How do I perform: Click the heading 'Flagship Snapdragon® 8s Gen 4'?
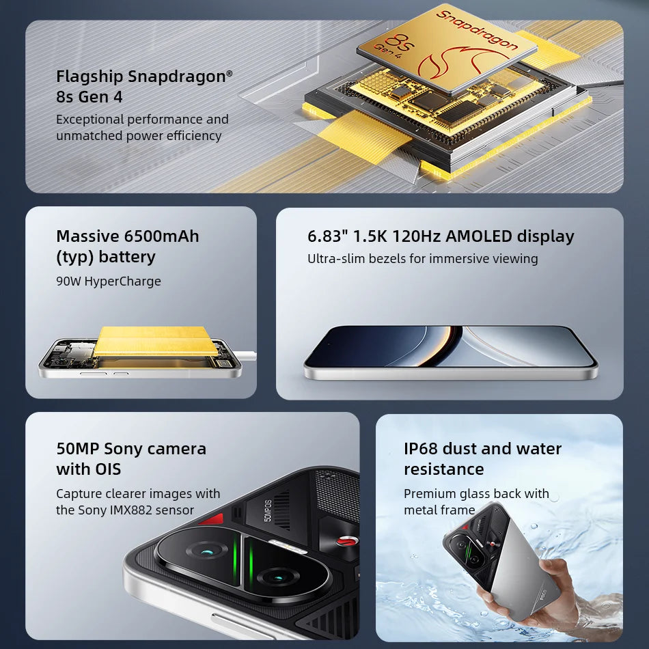point(144,86)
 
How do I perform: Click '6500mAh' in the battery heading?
point(162,236)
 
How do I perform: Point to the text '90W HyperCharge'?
point(109,281)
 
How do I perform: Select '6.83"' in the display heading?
point(328,236)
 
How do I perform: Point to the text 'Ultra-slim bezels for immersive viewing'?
point(422,259)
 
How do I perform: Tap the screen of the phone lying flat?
point(451,344)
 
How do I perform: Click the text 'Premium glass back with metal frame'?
point(476,501)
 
